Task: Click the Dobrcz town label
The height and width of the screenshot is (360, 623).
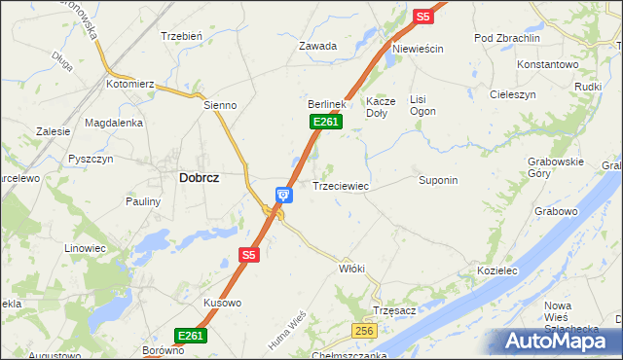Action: (199, 178)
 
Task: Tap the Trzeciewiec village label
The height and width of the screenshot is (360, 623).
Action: (340, 185)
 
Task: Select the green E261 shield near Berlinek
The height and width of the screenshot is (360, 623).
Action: (326, 121)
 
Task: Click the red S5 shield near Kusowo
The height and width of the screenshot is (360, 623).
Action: (249, 255)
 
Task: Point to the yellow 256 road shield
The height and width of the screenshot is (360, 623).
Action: (365, 332)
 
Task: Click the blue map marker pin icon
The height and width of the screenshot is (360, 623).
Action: (282, 196)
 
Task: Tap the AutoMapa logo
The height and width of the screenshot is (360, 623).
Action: (561, 342)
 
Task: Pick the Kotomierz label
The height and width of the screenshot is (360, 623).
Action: (130, 85)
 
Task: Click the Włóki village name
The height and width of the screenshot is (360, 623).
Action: (350, 268)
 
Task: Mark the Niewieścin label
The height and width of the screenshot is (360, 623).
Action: (418, 49)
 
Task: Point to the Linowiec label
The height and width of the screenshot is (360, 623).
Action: (85, 248)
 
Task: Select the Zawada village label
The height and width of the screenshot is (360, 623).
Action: (317, 46)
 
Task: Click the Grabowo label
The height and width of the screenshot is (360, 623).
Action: (557, 210)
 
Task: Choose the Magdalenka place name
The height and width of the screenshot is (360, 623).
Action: (114, 123)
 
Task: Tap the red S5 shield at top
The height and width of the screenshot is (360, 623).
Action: (421, 16)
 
